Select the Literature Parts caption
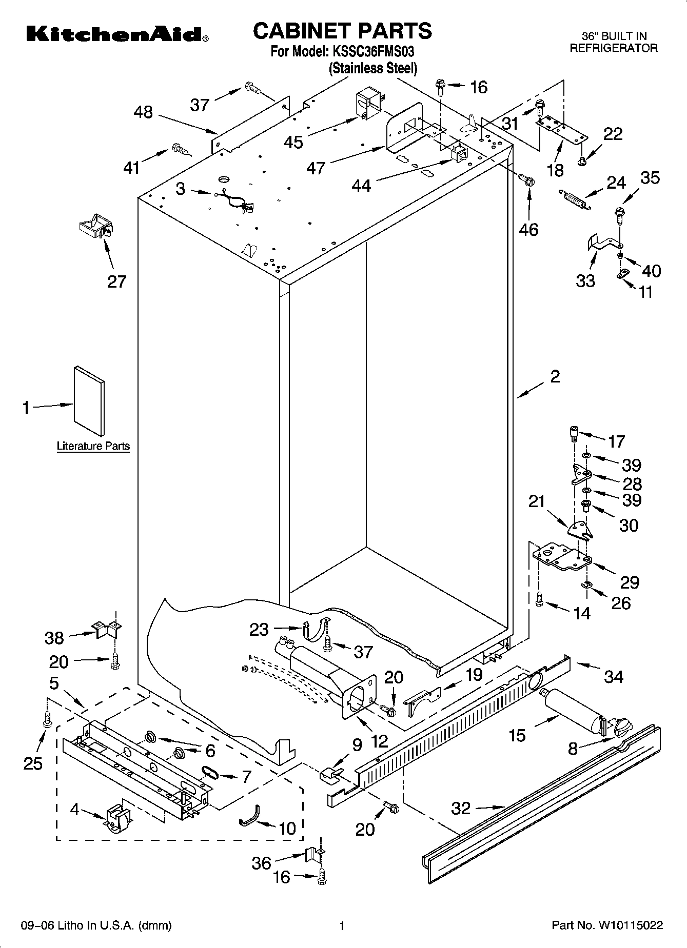coord(93,446)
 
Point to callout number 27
coord(116,281)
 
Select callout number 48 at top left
coord(143,112)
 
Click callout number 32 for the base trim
coord(461,809)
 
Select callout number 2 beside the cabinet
coord(554,376)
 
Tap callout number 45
coord(293,142)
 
